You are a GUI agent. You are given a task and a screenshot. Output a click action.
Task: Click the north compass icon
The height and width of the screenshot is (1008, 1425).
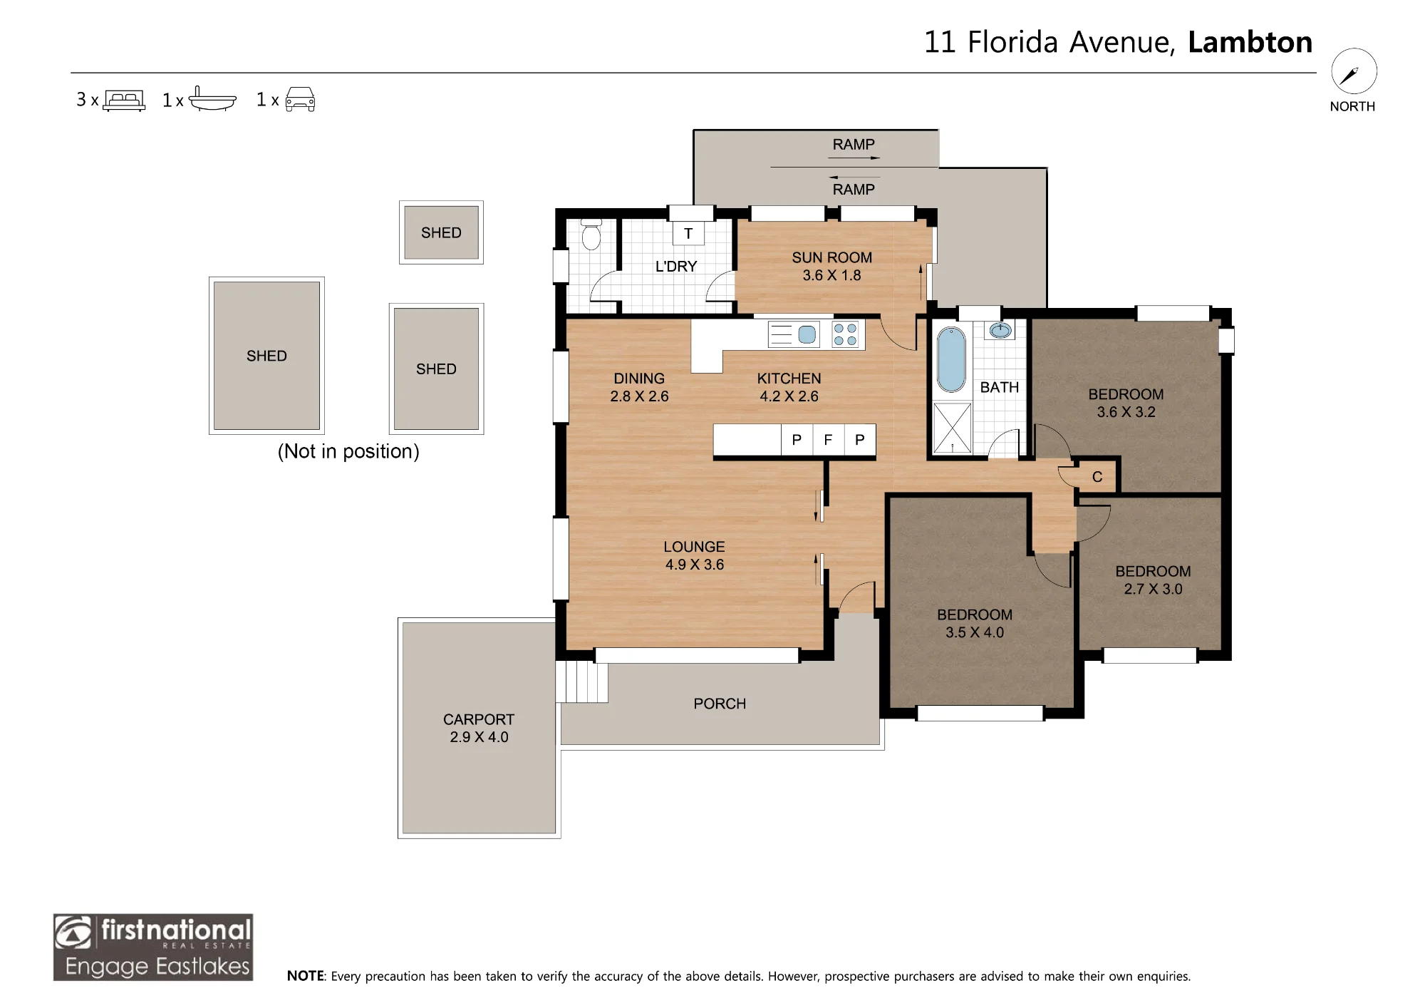[x=1354, y=71]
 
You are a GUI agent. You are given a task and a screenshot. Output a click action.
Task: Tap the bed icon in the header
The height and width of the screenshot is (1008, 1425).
[x=124, y=100]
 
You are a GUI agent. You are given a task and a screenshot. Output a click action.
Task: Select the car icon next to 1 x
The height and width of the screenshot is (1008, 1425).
[x=300, y=100]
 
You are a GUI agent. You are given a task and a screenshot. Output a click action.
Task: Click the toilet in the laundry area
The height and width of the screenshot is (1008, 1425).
[x=591, y=235]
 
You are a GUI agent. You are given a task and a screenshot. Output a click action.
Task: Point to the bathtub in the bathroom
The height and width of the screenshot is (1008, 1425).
[x=951, y=359]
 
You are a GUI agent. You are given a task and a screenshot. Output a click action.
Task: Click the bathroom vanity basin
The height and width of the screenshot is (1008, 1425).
[x=1000, y=330]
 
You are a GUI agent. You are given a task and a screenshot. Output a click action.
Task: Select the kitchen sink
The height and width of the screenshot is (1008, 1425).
[x=807, y=334]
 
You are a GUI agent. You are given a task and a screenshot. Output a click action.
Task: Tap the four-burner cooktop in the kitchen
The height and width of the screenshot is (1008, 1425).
[x=846, y=334]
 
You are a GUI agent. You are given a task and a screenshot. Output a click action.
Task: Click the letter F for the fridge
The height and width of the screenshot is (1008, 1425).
[x=828, y=440]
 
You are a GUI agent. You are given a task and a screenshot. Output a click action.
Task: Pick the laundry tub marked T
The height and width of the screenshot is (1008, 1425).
[x=688, y=233]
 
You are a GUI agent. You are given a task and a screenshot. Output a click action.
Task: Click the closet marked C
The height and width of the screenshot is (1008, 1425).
[x=1097, y=476]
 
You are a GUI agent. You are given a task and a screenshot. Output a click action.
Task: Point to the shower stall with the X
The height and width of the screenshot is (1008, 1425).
[x=952, y=428]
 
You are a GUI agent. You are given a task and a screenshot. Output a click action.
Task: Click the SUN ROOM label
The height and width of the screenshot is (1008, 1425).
[x=831, y=257]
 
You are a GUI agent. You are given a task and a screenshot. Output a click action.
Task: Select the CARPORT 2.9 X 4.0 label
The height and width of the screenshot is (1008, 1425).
[x=479, y=728]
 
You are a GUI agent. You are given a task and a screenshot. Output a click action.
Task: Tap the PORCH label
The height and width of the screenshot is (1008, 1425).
[x=720, y=704]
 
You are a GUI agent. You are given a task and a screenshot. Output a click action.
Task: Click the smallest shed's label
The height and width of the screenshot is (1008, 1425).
[x=441, y=232]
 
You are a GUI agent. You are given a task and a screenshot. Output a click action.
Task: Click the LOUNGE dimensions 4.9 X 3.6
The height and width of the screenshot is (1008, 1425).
[x=695, y=565]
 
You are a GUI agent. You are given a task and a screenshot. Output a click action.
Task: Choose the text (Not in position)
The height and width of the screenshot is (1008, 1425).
[x=348, y=451]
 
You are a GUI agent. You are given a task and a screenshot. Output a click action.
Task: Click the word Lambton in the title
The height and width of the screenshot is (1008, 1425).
[x=1250, y=42]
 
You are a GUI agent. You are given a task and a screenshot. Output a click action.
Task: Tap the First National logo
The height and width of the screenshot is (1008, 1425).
[x=153, y=947]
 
